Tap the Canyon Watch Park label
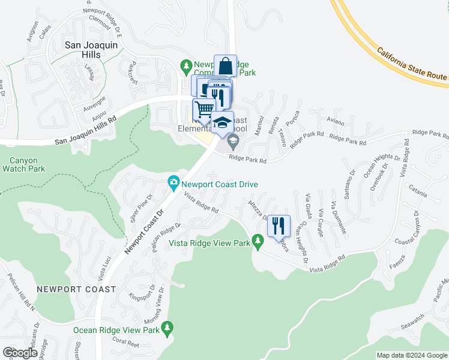point(23,165)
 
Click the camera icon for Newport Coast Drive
point(173,182)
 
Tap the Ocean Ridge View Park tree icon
point(167,327)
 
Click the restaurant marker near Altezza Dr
point(278,226)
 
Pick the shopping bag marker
point(225,65)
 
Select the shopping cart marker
point(203,109)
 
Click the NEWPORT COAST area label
point(76,289)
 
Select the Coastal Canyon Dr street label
point(414,227)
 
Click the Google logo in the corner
point(20,353)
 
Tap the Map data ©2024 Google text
point(412,355)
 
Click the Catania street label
point(418,194)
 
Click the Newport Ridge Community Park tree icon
point(187,65)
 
